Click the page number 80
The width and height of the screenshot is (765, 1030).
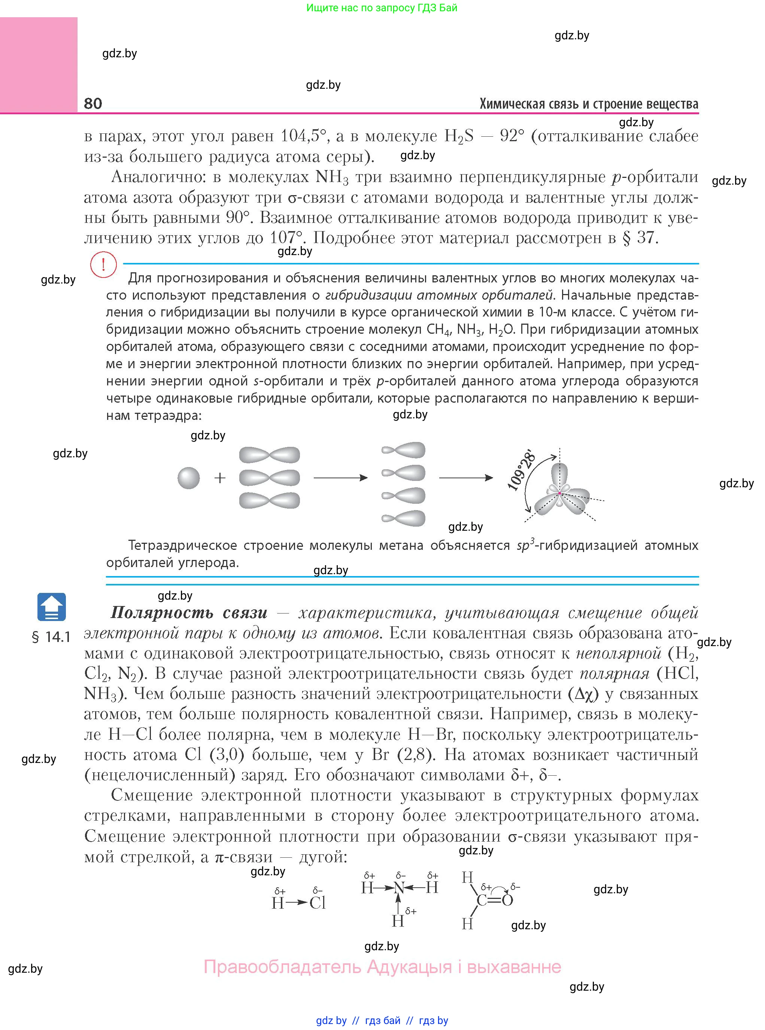pyautogui.click(x=93, y=103)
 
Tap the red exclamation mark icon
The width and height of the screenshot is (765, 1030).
pyautogui.click(x=103, y=265)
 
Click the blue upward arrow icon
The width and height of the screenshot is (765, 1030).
pyautogui.click(x=51, y=607)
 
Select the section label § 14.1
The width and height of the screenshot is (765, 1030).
pyautogui.click(x=51, y=637)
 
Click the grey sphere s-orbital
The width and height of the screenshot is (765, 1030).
pyautogui.click(x=188, y=478)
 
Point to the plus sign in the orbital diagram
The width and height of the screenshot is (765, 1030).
pyautogui.click(x=220, y=478)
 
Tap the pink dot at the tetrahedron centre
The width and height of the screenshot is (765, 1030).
pyautogui.click(x=559, y=494)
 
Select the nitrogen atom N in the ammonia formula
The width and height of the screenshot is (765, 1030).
pyautogui.click(x=399, y=888)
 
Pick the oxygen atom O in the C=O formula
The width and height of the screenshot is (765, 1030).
pyautogui.click(x=507, y=900)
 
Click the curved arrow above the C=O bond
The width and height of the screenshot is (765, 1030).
pyautogui.click(x=499, y=887)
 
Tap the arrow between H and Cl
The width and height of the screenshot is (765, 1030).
pyautogui.click(x=296, y=903)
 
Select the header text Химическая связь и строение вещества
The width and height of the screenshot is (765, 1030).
pyautogui.click(x=589, y=104)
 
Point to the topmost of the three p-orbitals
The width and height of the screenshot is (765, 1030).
pyautogui.click(x=269, y=455)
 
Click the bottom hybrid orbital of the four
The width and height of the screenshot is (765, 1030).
pyautogui.click(x=403, y=518)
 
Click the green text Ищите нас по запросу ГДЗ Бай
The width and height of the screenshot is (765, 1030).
pyautogui.click(x=382, y=8)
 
